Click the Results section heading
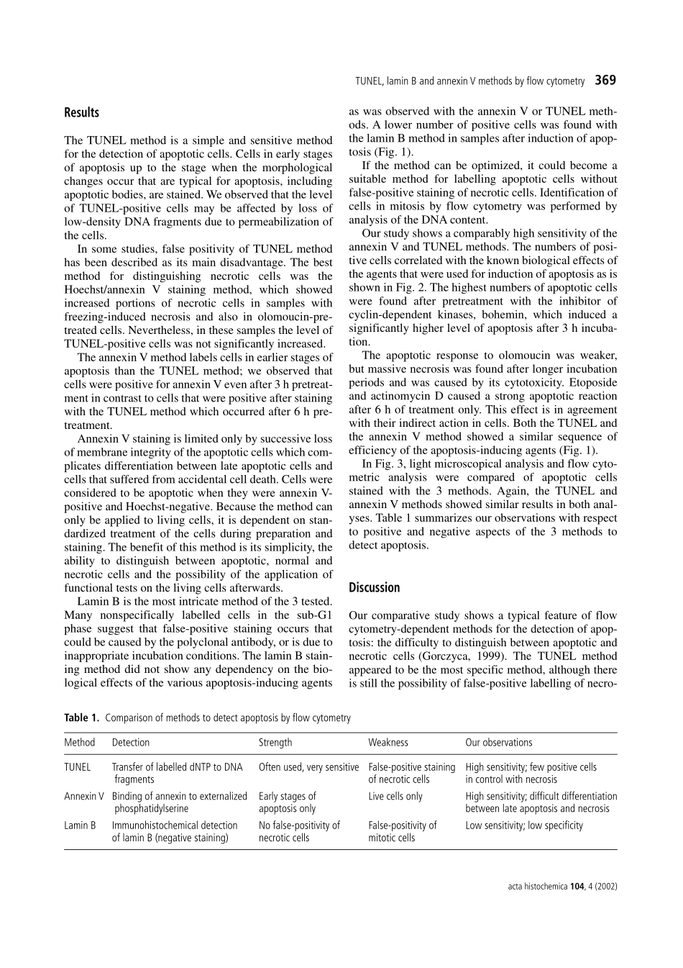click(81, 112)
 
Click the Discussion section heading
click(374, 587)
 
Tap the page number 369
click(605, 80)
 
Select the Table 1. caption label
click(81, 718)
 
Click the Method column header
click(79, 742)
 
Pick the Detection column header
click(131, 742)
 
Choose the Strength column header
click(275, 742)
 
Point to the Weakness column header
click(388, 742)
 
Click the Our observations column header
click(498, 742)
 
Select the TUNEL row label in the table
click(77, 767)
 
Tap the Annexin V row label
click(83, 796)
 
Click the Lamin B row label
click(80, 825)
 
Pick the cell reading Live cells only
click(395, 796)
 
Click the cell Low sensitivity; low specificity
click(523, 825)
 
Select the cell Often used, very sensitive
click(308, 767)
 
